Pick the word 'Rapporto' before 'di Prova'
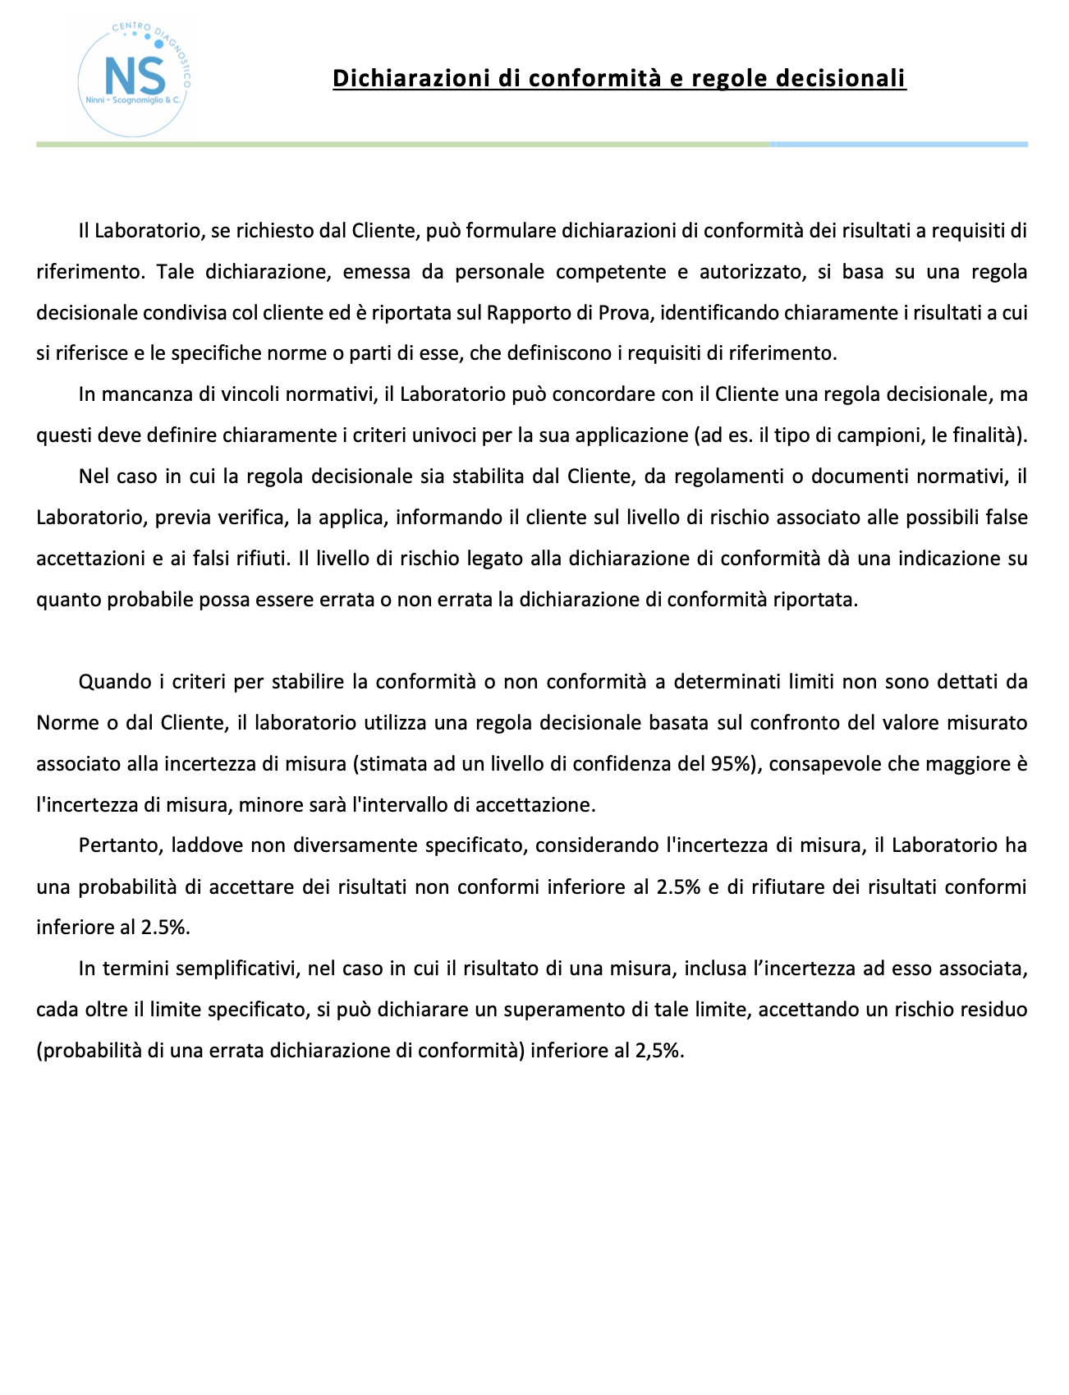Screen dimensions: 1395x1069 (521, 313)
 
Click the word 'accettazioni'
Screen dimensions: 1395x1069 (87, 559)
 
